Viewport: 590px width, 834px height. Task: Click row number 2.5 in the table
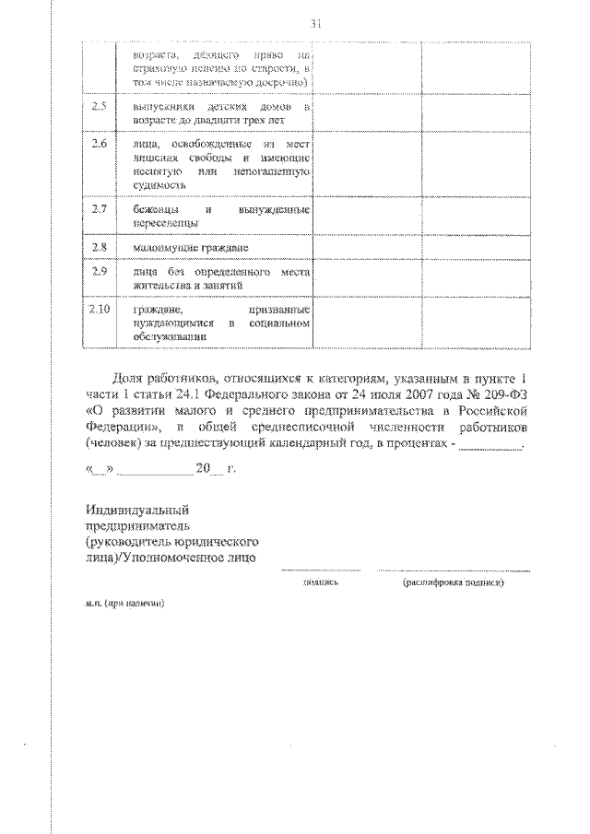(100, 108)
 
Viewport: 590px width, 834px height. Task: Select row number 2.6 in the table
(100, 145)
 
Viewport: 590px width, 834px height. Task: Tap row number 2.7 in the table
(100, 210)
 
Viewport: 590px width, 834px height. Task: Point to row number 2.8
(100, 247)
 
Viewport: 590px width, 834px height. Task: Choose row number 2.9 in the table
(100, 274)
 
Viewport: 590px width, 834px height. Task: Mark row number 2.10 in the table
(100, 311)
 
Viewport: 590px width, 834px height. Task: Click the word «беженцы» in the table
(152, 210)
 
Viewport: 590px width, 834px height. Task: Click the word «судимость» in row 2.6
(160, 184)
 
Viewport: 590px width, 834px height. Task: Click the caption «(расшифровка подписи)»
(454, 582)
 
